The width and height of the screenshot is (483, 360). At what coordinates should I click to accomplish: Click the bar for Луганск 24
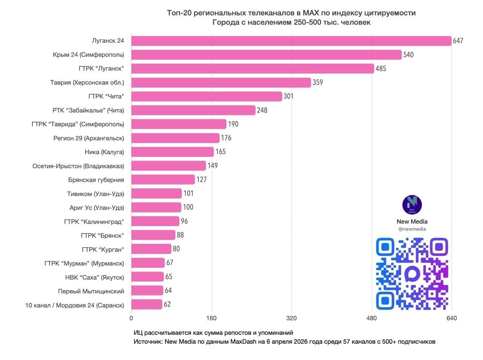[x=291, y=41]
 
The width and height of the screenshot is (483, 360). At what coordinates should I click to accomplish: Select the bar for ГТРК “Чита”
[x=207, y=96]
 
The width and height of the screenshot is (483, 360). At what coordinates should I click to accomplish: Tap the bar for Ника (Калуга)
[x=172, y=152]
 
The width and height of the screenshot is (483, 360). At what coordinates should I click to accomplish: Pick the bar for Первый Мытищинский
[x=147, y=291]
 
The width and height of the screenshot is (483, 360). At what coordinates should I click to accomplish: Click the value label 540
[x=408, y=55]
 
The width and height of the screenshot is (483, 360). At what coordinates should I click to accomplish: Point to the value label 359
[x=318, y=82]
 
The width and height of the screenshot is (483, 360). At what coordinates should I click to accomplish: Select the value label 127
[x=202, y=180]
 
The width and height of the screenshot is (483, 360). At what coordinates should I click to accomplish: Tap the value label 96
[x=184, y=221]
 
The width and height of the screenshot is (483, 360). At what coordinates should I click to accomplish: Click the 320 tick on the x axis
[x=291, y=318]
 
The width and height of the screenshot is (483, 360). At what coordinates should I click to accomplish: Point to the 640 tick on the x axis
[x=451, y=318]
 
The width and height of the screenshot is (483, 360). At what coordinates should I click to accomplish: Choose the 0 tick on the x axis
[x=131, y=318]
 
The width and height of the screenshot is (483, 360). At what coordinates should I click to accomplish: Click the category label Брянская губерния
[x=96, y=180]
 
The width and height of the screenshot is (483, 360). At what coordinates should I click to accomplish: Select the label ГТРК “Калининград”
[x=94, y=222]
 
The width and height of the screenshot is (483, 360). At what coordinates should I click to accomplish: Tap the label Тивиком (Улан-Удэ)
[x=95, y=194]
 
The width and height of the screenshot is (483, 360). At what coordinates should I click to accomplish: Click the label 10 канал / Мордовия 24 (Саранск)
[x=75, y=305]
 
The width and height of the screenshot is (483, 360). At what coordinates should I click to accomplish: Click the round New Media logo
[x=412, y=205]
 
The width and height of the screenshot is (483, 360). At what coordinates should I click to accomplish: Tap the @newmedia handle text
[x=412, y=229]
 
